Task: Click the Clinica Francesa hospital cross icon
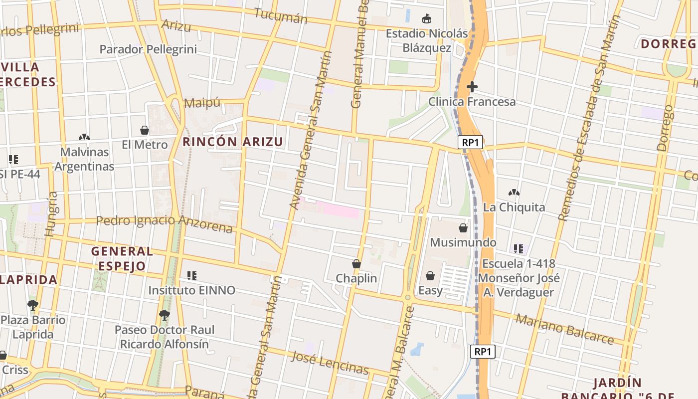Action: coord(472,87)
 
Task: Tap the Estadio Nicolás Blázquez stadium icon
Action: coord(426,19)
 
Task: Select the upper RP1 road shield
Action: coord(470,143)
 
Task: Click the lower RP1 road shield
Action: coord(483,351)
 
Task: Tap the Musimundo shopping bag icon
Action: coord(463,228)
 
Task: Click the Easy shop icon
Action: coord(430,276)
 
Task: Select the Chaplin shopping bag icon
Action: coord(356,264)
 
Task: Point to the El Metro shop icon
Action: coord(145,131)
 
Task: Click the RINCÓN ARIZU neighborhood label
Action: coord(233,142)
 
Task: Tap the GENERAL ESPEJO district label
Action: coord(122,258)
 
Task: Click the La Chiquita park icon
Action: coord(514,193)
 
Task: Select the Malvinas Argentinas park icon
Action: coord(84,137)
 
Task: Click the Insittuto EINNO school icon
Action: coord(192,275)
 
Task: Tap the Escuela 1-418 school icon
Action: coord(519,248)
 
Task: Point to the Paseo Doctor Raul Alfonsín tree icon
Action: coord(164,315)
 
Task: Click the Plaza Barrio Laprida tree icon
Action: coord(33,305)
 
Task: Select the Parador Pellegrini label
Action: coord(148,49)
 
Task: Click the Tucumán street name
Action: coord(281,16)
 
